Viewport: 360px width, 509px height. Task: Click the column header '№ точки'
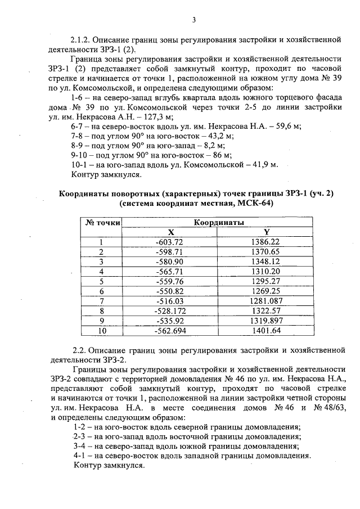tap(102, 222)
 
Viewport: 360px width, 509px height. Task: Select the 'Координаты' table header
tap(219, 222)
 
